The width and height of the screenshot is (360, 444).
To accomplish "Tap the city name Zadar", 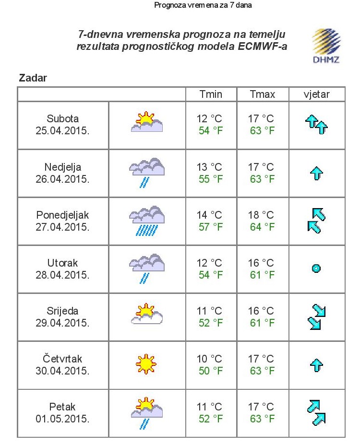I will point(33,78).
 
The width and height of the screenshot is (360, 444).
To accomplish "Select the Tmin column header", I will point(211,94).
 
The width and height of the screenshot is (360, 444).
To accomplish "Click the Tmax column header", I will point(262,94).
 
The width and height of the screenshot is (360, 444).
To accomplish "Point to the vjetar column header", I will point(316,94).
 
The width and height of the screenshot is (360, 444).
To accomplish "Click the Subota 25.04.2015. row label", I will point(62,125).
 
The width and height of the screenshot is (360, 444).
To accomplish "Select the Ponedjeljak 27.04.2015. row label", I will point(62,221).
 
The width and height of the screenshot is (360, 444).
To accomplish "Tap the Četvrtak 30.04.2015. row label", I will point(62,365).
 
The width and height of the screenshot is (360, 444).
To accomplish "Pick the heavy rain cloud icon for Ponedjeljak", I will point(147,221).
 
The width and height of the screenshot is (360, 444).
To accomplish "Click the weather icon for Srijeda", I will point(147,315).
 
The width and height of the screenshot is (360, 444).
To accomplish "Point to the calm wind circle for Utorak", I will point(316,269).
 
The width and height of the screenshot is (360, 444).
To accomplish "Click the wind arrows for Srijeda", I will point(316,317).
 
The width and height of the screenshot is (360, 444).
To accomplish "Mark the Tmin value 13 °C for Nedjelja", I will point(210,167).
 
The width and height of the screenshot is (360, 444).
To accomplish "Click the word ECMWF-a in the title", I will point(265,47).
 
